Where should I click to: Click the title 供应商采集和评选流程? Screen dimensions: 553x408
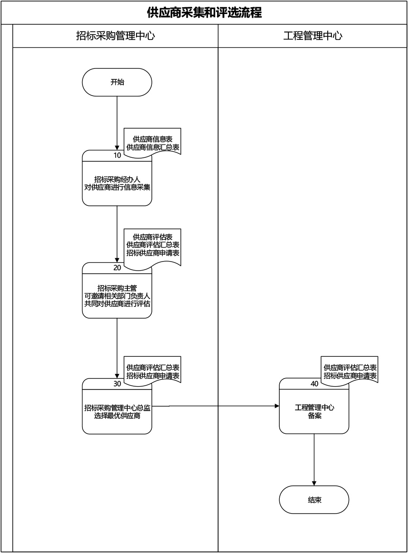pos(204,12)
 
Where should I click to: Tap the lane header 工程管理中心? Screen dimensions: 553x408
pos(313,36)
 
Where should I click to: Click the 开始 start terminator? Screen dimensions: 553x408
pos(117,82)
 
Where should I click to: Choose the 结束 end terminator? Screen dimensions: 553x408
pos(314,500)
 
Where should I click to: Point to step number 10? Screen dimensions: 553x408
pos(117,155)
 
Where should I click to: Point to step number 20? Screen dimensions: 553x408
pos(117,267)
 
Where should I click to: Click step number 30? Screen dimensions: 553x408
pos(117,383)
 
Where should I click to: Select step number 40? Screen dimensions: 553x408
pos(314,383)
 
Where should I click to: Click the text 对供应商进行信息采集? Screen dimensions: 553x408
pos(117,187)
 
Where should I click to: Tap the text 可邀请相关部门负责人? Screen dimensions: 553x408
pos(117,296)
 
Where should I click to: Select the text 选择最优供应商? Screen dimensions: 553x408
pos(117,416)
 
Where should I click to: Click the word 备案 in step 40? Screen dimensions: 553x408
pos(314,416)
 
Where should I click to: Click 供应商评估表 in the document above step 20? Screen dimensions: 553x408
pos(153,237)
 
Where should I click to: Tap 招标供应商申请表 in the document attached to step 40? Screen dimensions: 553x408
pos(350,375)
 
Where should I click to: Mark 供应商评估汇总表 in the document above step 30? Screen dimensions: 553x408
pos(153,367)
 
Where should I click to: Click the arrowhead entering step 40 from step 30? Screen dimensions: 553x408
pos(277,407)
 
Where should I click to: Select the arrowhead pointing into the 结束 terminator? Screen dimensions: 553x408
pos(314,483)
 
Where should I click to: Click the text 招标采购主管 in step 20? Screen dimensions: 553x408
pos(117,287)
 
